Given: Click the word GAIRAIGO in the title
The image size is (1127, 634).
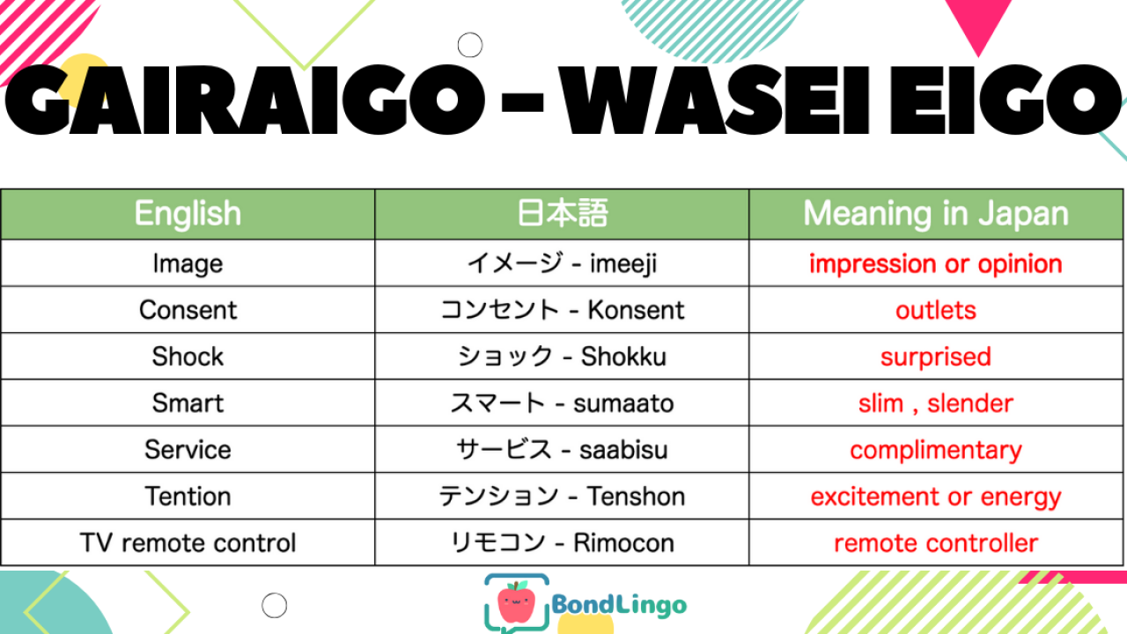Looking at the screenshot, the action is click(245, 100).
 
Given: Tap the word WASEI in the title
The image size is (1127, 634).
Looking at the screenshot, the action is click(714, 100).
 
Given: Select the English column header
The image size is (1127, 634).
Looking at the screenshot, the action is click(188, 214).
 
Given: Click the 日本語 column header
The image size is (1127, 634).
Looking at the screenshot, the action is click(562, 213).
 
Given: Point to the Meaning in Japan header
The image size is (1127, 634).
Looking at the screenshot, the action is click(936, 214).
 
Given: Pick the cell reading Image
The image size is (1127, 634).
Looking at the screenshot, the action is click(188, 263).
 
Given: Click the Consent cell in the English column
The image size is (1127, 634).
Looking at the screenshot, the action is click(188, 310).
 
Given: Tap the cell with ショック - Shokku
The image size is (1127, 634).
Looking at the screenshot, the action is click(562, 357).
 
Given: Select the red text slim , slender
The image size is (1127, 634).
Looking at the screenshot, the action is click(936, 403).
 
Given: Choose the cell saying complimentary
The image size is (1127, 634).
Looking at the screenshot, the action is click(936, 450).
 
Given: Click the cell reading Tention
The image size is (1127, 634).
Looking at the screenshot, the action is click(188, 497).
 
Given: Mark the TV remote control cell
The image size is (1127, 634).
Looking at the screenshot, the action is click(188, 543).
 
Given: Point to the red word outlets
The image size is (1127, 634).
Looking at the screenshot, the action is click(936, 311).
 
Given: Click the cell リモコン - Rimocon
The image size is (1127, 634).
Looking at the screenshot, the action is click(562, 543).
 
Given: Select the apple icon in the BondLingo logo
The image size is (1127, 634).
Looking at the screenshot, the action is click(516, 601).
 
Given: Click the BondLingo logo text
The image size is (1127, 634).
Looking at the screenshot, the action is click(619, 605).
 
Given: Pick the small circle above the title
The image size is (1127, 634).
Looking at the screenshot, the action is click(470, 45).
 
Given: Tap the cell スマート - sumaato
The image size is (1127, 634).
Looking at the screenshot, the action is click(562, 403).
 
